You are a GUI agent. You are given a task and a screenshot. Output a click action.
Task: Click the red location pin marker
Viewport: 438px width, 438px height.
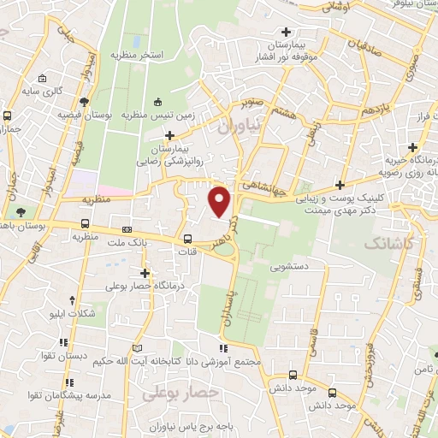click(220, 201)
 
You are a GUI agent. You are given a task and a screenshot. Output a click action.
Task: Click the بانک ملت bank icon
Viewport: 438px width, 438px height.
click(127, 229)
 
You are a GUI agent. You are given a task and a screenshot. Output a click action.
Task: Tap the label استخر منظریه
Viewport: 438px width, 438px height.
click(135, 55)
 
